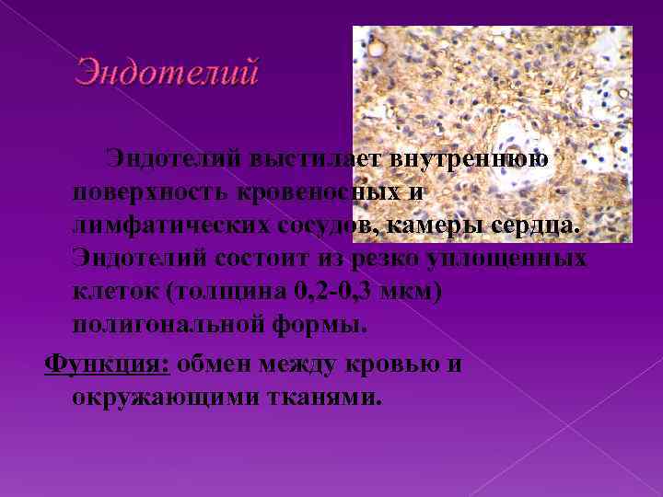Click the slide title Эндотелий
pos(167,72)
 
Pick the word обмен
pos(217,363)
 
